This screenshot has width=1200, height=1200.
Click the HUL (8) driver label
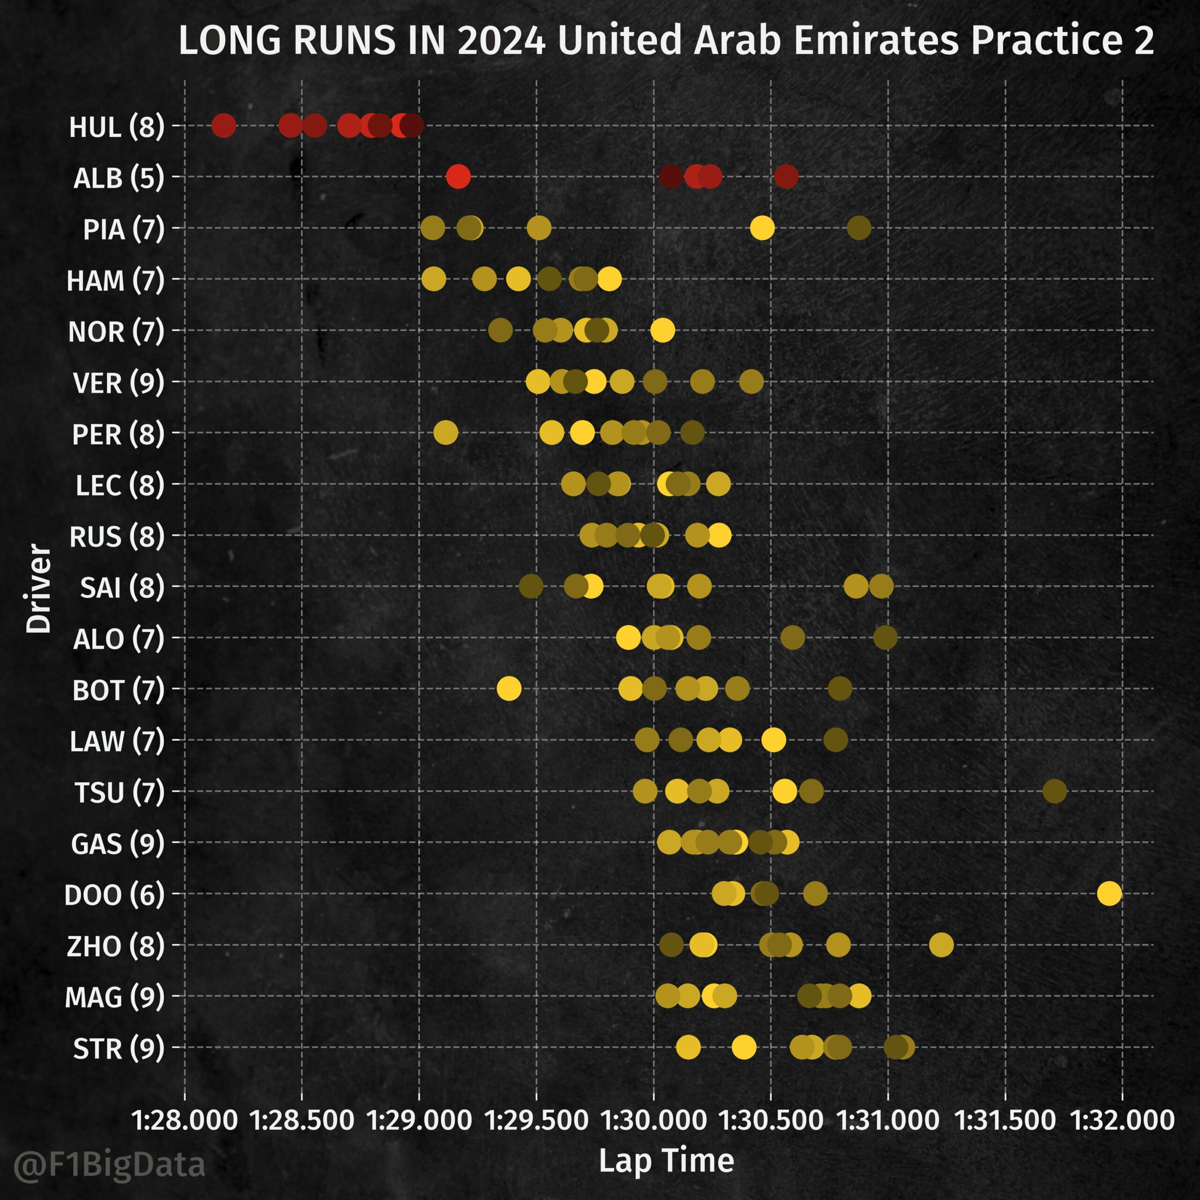116,127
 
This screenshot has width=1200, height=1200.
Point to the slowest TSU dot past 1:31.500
1055,791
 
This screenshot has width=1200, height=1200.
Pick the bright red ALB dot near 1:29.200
458,176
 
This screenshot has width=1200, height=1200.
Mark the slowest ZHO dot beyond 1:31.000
941,945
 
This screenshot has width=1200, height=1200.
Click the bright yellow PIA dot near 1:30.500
762,228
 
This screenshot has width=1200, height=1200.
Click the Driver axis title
38,588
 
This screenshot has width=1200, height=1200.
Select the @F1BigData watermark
109,1164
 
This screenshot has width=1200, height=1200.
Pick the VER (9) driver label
118,382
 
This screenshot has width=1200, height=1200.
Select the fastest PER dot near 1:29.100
445,432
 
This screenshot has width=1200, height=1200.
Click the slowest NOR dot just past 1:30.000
662,330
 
